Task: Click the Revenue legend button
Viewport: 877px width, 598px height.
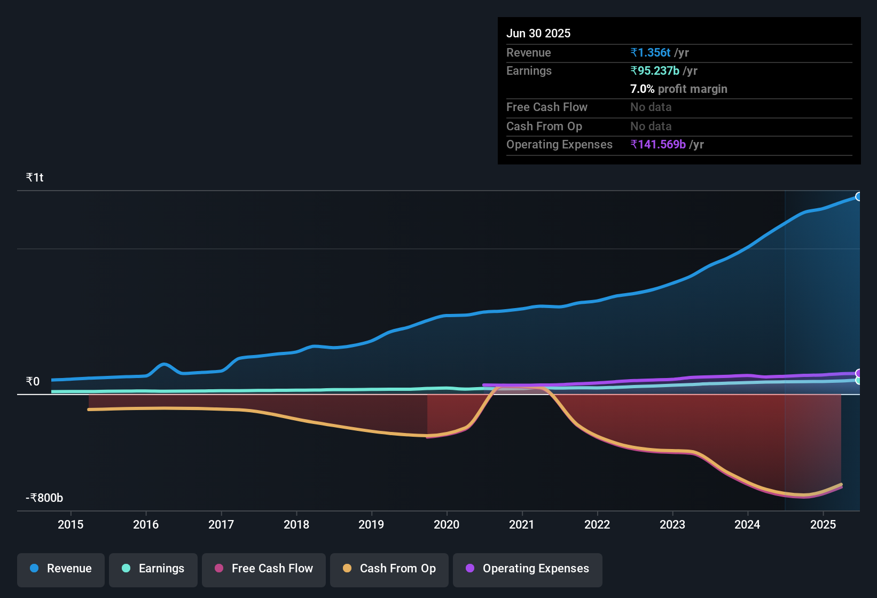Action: click(x=61, y=569)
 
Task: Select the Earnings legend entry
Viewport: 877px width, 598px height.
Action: click(x=153, y=569)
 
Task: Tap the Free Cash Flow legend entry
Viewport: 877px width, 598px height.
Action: click(x=264, y=569)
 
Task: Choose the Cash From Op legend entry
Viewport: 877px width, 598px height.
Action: click(x=389, y=569)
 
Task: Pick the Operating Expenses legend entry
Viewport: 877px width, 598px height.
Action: click(x=528, y=569)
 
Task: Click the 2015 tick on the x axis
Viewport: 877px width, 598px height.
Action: click(x=71, y=524)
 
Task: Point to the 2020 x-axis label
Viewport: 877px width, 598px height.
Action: click(x=447, y=524)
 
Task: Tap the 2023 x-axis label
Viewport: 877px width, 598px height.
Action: click(x=672, y=524)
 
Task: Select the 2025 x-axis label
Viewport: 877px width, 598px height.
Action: click(x=823, y=524)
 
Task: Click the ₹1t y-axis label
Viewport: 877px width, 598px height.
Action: click(x=35, y=177)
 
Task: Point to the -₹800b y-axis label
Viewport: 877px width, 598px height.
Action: click(x=44, y=498)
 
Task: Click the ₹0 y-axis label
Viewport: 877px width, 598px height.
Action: click(x=33, y=381)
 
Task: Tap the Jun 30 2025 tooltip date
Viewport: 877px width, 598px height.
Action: click(x=538, y=33)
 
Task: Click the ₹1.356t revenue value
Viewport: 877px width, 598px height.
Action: click(x=651, y=52)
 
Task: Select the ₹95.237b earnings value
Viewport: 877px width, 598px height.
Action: click(x=655, y=70)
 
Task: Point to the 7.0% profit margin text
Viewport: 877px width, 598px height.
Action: click(x=678, y=89)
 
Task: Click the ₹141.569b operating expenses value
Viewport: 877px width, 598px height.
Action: click(x=658, y=144)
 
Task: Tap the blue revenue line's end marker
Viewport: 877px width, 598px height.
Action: click(x=858, y=196)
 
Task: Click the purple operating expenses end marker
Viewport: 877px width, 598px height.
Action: click(x=858, y=373)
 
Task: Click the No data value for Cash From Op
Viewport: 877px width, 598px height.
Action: click(x=651, y=126)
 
